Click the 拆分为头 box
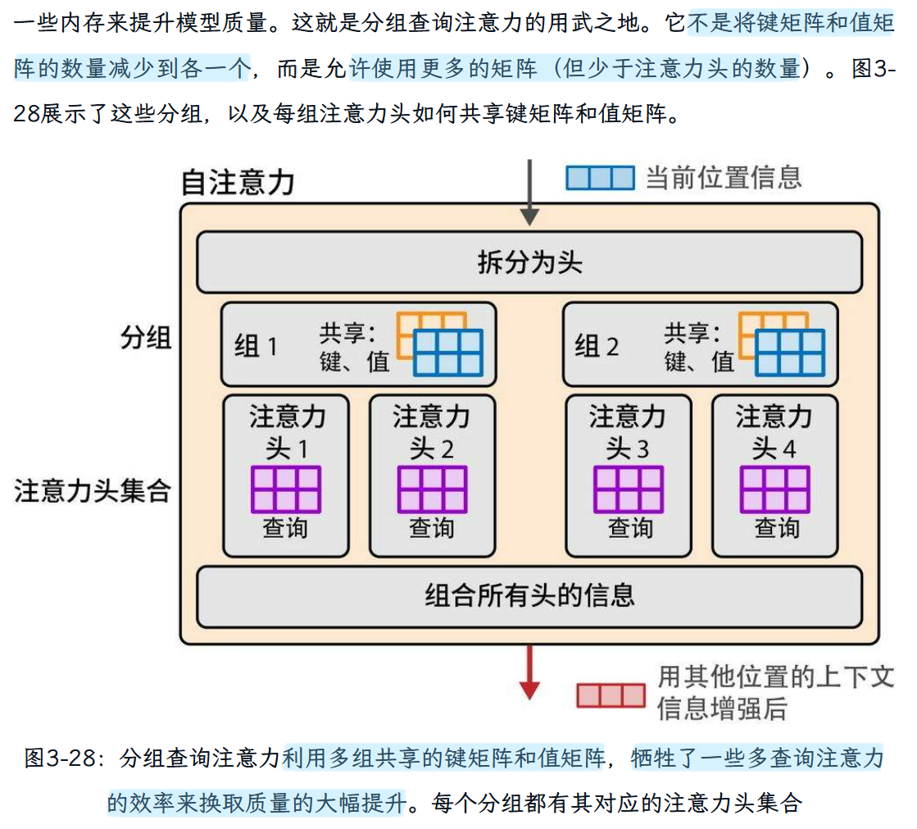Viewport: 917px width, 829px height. click(x=529, y=262)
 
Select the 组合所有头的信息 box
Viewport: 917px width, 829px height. click(x=529, y=595)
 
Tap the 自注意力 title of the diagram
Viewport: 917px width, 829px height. click(x=237, y=182)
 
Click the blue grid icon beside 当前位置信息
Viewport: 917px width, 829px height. click(x=600, y=178)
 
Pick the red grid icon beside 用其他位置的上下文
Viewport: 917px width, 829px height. click(x=611, y=695)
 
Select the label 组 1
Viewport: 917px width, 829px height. click(x=256, y=346)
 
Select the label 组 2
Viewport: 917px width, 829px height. click(x=597, y=346)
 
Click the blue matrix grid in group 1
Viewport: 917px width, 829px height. click(x=448, y=353)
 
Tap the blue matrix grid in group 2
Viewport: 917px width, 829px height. click(x=789, y=353)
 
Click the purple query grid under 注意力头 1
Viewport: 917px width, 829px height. click(x=285, y=490)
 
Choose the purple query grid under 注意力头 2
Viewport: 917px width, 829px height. click(x=432, y=490)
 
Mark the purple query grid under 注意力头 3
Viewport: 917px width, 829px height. click(x=628, y=490)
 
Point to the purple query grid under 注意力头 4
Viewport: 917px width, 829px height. click(x=774, y=490)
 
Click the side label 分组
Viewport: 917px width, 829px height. click(x=146, y=337)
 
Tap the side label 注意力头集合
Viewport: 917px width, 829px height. click(x=92, y=491)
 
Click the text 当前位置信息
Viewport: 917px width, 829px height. click(x=723, y=178)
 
